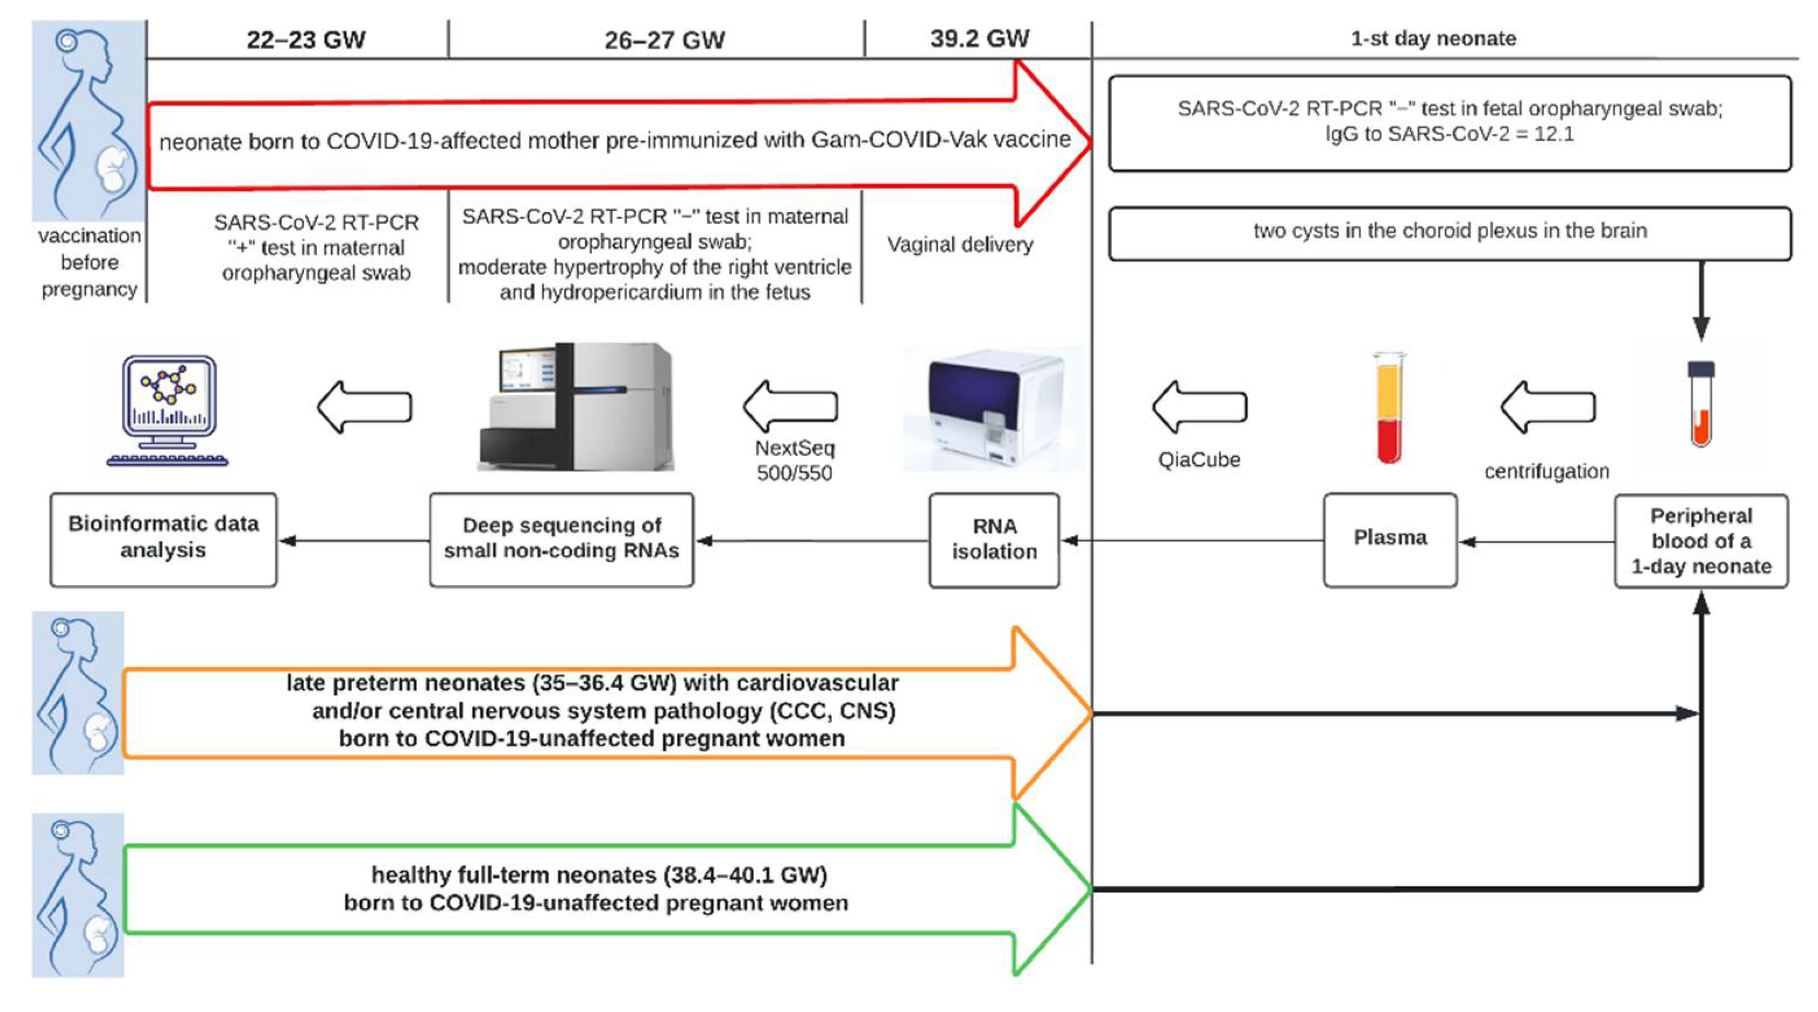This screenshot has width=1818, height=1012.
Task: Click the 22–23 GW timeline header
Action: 305,40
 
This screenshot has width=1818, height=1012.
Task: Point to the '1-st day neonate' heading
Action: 1433,38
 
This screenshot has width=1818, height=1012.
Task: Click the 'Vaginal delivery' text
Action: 960,244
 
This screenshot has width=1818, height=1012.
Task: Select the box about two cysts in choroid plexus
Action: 1450,231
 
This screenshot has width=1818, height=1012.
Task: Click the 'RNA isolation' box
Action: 993,540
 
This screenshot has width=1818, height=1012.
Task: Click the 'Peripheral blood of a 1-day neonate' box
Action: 1701,541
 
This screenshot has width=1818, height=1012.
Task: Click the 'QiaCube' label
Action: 1199,460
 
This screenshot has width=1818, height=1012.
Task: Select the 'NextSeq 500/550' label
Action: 795,461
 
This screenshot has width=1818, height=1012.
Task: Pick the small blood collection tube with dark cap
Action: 1700,404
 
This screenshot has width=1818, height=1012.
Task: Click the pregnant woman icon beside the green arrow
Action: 77,895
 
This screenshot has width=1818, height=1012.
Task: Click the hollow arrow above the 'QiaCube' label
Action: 1199,407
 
